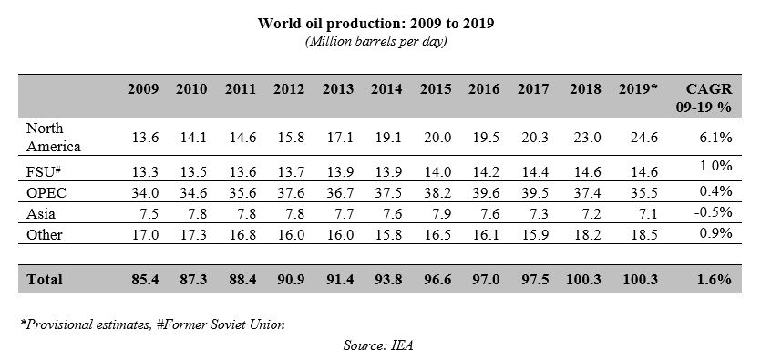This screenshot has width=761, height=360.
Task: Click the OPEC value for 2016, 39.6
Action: coord(484,192)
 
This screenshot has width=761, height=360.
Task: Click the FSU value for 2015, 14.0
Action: coord(436,170)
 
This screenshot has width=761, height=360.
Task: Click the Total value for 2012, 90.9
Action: coord(289,280)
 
